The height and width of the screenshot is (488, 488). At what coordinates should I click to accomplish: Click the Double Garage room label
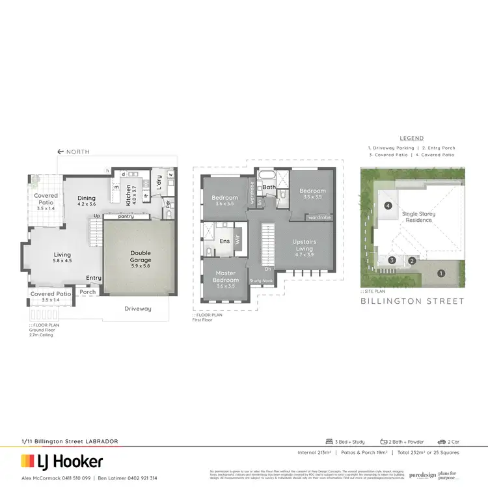tap(141, 256)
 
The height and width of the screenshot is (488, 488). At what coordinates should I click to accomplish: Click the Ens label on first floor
tap(224, 241)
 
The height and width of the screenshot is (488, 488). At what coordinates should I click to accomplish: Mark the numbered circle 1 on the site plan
tap(441, 273)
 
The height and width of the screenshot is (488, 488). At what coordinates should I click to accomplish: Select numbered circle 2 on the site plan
tap(412, 261)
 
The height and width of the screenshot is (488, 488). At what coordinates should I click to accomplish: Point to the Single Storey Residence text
tap(418, 217)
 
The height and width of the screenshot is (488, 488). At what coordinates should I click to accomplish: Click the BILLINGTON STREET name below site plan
tap(413, 301)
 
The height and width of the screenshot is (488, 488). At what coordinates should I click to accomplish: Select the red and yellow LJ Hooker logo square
tap(27, 462)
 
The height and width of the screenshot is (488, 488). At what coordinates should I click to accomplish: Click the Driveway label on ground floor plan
tap(137, 308)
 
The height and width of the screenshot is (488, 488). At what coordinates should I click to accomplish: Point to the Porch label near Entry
tap(88, 292)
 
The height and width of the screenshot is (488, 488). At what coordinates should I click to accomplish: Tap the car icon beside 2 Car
tap(441, 441)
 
